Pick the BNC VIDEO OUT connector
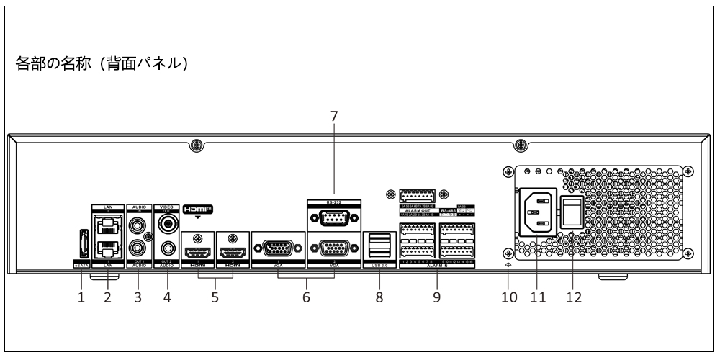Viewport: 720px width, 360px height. [170, 224]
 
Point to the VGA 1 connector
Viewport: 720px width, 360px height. [279, 249]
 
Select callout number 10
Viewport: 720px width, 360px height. [509, 296]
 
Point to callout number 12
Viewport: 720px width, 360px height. [575, 296]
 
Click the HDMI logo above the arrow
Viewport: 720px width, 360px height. [197, 210]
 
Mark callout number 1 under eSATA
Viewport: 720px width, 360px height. [81, 296]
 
